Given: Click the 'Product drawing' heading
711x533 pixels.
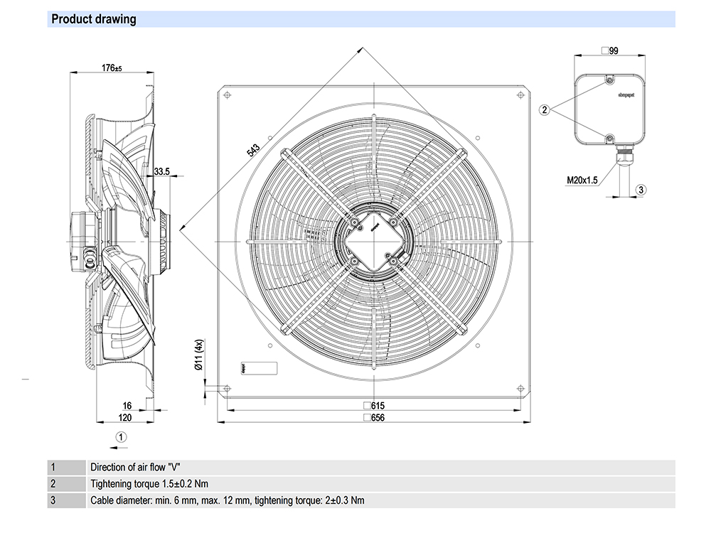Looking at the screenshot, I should click(94, 19).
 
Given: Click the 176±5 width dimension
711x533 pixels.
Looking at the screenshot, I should click(112, 68).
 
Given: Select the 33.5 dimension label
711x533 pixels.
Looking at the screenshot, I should click(161, 171).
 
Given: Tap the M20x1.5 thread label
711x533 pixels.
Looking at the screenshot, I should click(581, 181).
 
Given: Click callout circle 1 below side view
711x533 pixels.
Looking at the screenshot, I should click(122, 436).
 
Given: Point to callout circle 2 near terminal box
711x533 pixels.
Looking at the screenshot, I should click(545, 109).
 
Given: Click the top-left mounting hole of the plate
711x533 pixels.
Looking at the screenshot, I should click(227, 95).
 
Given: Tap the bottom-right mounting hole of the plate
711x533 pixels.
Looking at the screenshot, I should click(520, 389).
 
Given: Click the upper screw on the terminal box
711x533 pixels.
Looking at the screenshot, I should click(609, 77).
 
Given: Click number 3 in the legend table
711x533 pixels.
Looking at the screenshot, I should click(53, 500).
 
